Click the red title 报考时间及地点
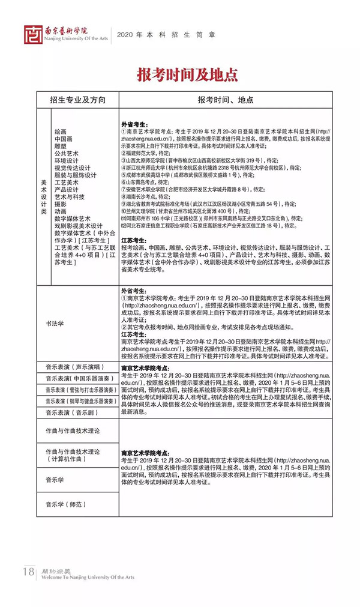point(179,74)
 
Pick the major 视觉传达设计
point(73,168)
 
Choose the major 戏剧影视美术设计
point(78,226)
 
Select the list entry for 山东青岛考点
point(141,182)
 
